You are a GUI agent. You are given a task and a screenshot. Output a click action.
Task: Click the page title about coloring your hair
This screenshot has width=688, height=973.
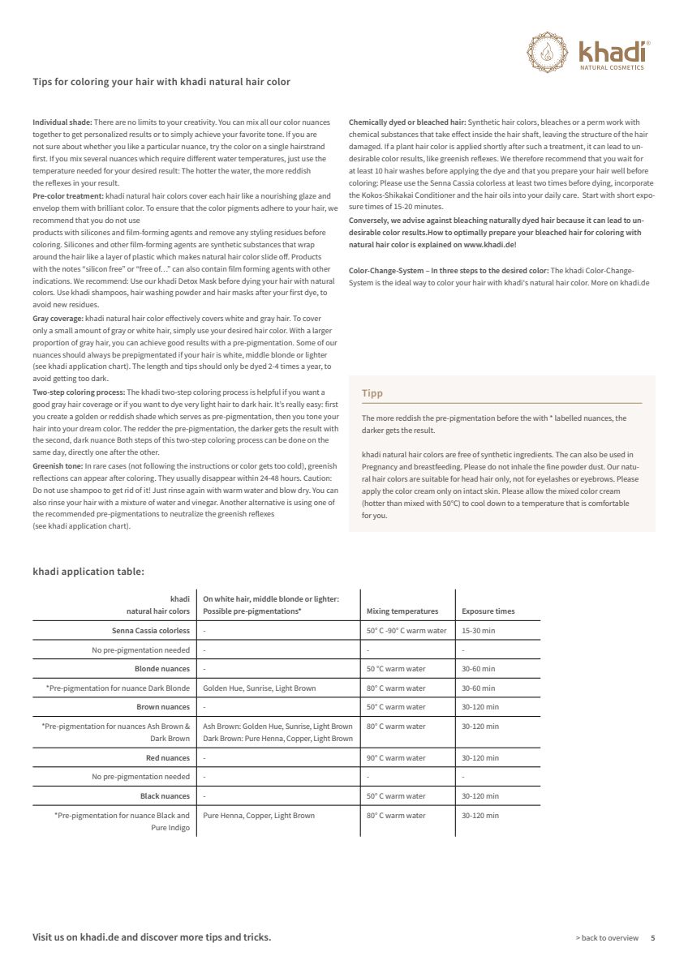[161, 82]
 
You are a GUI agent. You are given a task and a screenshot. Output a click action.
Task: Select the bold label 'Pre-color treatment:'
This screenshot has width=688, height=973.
[68, 196]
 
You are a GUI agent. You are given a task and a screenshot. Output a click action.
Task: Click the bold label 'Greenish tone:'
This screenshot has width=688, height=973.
[58, 466]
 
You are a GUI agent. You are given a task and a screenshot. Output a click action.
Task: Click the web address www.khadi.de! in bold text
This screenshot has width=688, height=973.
[490, 244]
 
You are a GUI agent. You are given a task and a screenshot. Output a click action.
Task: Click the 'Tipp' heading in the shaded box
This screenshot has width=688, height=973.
[372, 393]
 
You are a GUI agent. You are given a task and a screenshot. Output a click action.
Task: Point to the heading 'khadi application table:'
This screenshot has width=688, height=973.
[88, 572]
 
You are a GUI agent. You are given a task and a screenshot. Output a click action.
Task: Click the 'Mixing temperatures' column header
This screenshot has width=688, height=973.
[402, 611]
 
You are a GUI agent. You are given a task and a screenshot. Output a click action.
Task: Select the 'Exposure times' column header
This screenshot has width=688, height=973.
[488, 611]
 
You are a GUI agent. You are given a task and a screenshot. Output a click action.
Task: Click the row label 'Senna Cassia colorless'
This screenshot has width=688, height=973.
[151, 631]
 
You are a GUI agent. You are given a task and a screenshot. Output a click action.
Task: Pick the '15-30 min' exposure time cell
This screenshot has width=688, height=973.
[478, 631]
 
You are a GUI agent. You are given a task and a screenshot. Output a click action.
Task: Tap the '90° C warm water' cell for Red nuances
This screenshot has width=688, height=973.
[396, 758]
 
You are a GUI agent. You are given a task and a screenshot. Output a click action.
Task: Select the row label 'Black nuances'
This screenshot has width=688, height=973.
[165, 796]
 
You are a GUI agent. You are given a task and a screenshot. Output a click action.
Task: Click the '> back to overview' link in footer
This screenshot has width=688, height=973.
[607, 938]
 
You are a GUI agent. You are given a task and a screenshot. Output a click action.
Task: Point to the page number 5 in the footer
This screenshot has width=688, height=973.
[652, 938]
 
